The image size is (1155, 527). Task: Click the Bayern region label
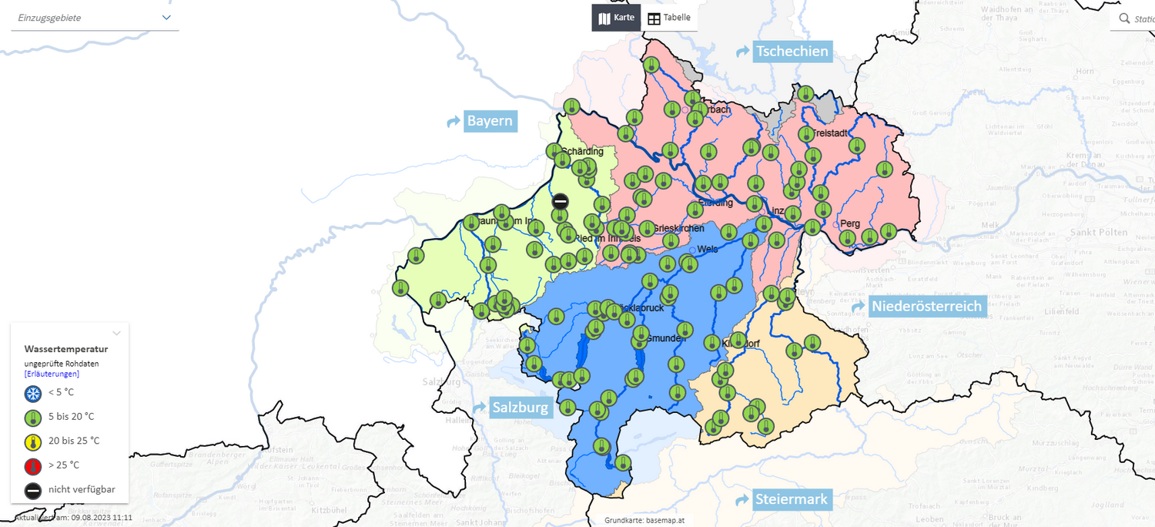(x=490, y=121)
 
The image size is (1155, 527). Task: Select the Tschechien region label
(x=792, y=52)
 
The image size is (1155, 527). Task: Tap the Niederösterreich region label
(x=926, y=307)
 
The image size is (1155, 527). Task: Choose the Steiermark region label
(x=791, y=499)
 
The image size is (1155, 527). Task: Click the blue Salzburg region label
(x=521, y=408)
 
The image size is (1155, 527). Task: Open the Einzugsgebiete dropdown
(x=94, y=18)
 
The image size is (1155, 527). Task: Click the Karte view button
(x=616, y=18)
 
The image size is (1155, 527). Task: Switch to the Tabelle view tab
(x=669, y=18)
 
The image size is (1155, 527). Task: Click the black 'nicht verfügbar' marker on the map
(x=561, y=201)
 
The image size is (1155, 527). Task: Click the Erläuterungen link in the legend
(x=52, y=374)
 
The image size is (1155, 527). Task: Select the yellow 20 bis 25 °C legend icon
(x=33, y=441)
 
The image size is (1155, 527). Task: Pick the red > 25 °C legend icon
(x=33, y=465)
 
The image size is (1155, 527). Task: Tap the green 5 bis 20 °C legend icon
(x=33, y=418)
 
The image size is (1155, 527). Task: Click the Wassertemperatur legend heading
(x=66, y=349)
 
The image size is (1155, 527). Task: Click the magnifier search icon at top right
(x=1125, y=18)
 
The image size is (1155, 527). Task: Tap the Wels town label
(x=708, y=250)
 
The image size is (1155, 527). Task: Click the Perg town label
(x=850, y=223)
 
